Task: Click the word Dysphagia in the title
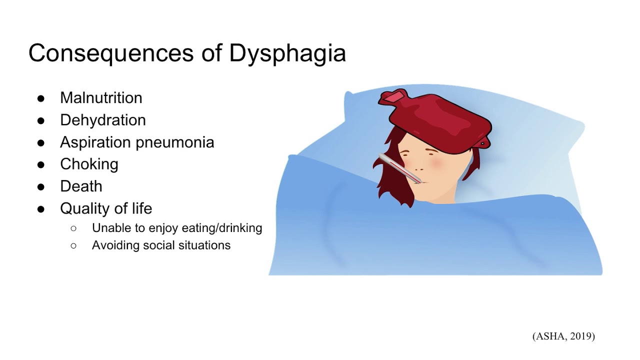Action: pyautogui.click(x=287, y=53)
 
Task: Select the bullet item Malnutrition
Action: pyautogui.click(x=101, y=98)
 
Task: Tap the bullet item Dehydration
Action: pyautogui.click(x=103, y=120)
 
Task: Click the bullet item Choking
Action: pyautogui.click(x=89, y=164)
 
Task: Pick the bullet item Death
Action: pyautogui.click(x=81, y=186)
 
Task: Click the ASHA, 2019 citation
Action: pyautogui.click(x=563, y=336)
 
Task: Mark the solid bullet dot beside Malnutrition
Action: pyautogui.click(x=41, y=98)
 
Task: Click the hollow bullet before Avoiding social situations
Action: pyautogui.click(x=74, y=245)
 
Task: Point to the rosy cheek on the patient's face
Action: pyautogui.click(x=433, y=163)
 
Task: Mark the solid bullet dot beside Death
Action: pyautogui.click(x=41, y=186)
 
